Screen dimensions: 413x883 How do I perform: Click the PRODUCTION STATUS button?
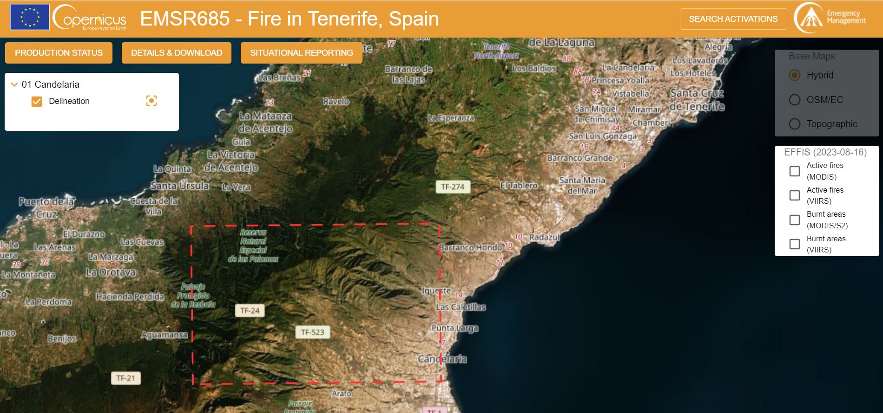(59, 53)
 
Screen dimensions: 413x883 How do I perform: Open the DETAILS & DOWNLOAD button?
(177, 53)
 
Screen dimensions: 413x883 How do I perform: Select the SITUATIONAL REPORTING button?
(301, 53)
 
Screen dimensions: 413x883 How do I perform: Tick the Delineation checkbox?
(37, 101)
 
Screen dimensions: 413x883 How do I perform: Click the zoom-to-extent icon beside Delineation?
(152, 101)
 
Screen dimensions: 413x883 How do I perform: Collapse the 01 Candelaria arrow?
(14, 84)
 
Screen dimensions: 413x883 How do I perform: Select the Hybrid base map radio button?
(795, 75)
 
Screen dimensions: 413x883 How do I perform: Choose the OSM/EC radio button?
(795, 100)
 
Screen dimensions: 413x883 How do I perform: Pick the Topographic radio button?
(795, 124)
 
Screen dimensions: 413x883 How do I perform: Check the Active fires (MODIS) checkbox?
(795, 171)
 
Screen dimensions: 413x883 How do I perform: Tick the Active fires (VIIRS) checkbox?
(795, 195)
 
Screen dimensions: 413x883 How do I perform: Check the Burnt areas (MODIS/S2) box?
(795, 220)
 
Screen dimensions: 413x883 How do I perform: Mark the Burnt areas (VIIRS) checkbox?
(795, 244)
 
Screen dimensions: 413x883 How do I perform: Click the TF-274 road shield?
(453, 187)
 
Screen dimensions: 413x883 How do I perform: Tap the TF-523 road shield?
(312, 332)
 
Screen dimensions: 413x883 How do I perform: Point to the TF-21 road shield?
(125, 378)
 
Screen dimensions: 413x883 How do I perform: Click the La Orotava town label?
(111, 272)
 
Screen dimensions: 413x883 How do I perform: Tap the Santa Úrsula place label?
(180, 186)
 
